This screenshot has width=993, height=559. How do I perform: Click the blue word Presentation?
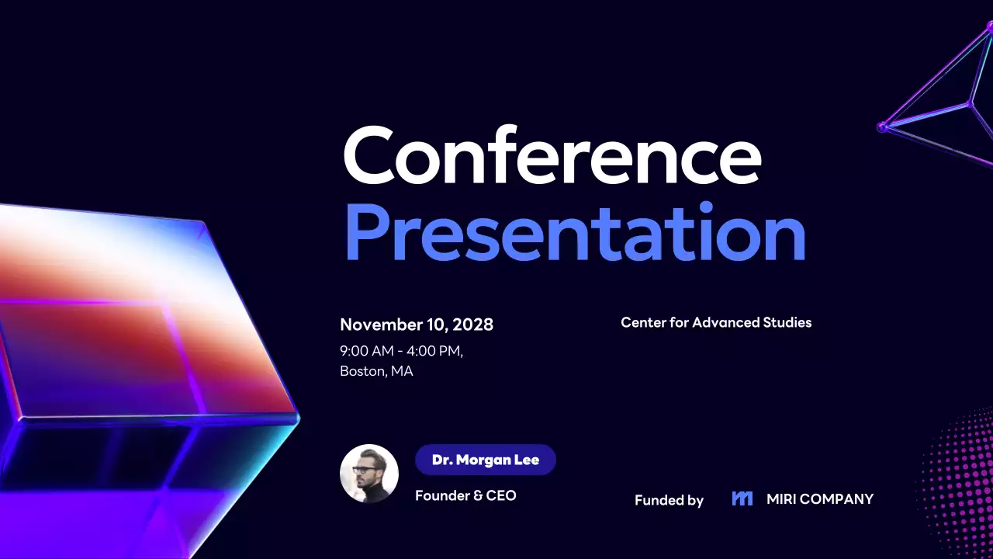(575, 231)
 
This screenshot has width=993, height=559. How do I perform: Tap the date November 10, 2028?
(417, 325)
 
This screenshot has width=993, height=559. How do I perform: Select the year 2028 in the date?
(473, 325)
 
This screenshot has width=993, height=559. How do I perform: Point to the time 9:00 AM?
(366, 351)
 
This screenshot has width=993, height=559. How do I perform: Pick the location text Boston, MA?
(376, 371)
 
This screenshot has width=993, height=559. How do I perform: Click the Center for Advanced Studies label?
(716, 322)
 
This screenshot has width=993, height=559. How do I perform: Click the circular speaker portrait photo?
(369, 474)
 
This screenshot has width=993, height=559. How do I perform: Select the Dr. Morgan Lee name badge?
(486, 460)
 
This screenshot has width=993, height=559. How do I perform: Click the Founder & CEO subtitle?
(465, 495)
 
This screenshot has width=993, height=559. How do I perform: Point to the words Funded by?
(669, 501)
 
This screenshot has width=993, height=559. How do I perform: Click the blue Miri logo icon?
(742, 498)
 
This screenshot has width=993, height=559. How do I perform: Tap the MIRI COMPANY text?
(820, 499)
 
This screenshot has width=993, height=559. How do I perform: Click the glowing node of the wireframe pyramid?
(882, 127)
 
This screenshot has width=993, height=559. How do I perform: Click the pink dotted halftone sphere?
(962, 481)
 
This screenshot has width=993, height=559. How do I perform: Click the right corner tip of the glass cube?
(297, 418)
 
